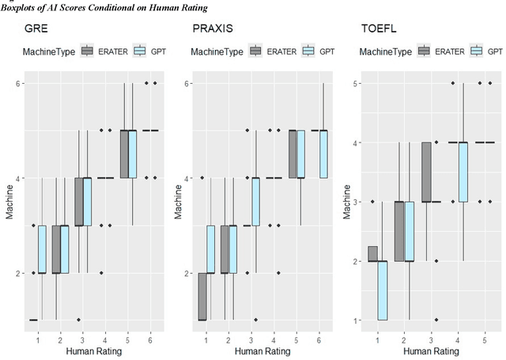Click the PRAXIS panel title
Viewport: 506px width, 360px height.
tap(213, 29)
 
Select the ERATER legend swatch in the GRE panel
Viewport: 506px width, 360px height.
tap(88, 51)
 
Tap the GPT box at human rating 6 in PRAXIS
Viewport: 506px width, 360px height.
tap(324, 154)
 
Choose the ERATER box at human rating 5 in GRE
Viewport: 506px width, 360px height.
tap(124, 154)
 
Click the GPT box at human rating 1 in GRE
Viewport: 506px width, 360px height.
tap(42, 249)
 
